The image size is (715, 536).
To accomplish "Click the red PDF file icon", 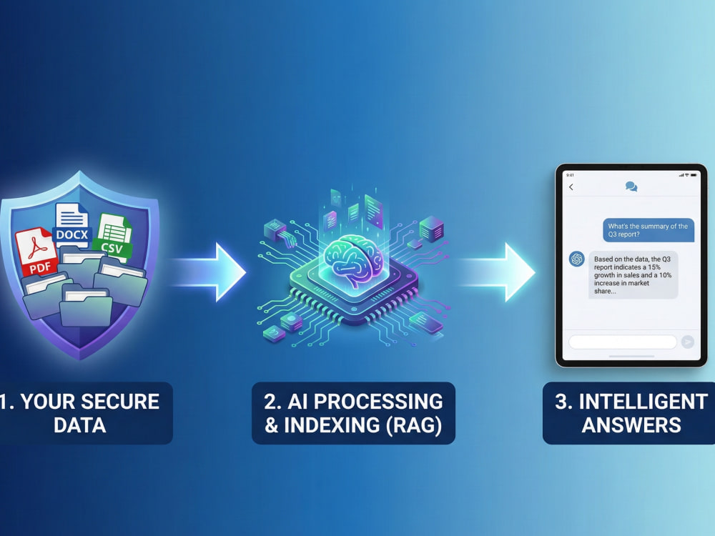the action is tap(36, 253).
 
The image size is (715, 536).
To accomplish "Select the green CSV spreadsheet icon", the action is tap(114, 237).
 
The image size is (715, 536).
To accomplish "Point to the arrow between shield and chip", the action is tap(208, 272).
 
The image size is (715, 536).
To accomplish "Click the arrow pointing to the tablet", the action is tap(497, 272).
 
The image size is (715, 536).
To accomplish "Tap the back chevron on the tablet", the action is tap(571, 187).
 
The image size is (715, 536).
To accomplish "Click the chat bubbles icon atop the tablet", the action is tap(631, 187).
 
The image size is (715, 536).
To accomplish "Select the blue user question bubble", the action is tap(648, 230).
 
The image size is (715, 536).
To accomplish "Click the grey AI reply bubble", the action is tap(633, 275).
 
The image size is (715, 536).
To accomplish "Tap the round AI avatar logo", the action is tap(577, 259).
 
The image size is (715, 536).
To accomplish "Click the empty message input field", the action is tap(623, 342).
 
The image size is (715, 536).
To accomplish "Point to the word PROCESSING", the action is tap(378, 402).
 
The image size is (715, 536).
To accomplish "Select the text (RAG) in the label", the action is tap(413, 425).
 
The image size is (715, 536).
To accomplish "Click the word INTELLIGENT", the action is tap(643, 402).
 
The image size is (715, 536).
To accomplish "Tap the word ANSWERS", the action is tap(631, 425).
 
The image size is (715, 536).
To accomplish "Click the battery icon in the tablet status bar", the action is tap(694, 175).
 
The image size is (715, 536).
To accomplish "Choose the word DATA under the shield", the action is tap(80, 425).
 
